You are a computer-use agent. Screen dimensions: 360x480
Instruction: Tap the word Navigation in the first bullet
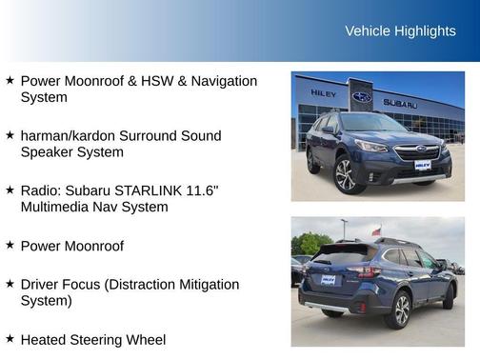tap(221, 81)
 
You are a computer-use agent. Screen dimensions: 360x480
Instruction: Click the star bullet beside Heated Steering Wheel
tap(10, 338)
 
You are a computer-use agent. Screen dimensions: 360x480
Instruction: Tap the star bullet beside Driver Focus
tap(10, 284)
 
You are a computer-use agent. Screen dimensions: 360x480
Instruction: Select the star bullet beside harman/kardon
tap(10, 135)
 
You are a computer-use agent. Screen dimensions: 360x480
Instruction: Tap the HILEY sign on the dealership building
tap(324, 93)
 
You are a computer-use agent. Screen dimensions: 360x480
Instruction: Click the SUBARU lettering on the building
tap(400, 102)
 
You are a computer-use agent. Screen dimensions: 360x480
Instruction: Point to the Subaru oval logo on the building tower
tap(362, 96)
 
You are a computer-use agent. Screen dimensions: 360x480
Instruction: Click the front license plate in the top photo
tap(422, 165)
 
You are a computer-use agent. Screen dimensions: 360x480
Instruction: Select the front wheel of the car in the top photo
tap(345, 175)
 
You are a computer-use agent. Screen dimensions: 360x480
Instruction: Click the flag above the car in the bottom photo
tap(376, 230)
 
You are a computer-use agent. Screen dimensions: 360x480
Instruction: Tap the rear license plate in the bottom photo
tap(328, 280)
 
